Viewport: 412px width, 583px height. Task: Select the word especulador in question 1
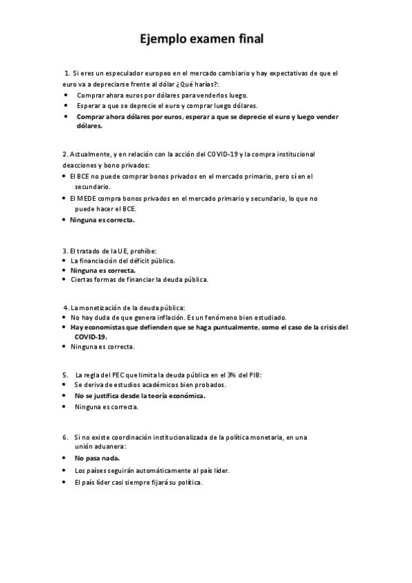click(127, 72)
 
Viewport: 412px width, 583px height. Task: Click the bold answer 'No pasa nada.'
click(98, 457)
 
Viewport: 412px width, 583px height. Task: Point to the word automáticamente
click(149, 470)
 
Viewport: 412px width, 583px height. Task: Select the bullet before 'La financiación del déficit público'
click(63, 261)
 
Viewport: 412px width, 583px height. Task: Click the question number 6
click(65, 437)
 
